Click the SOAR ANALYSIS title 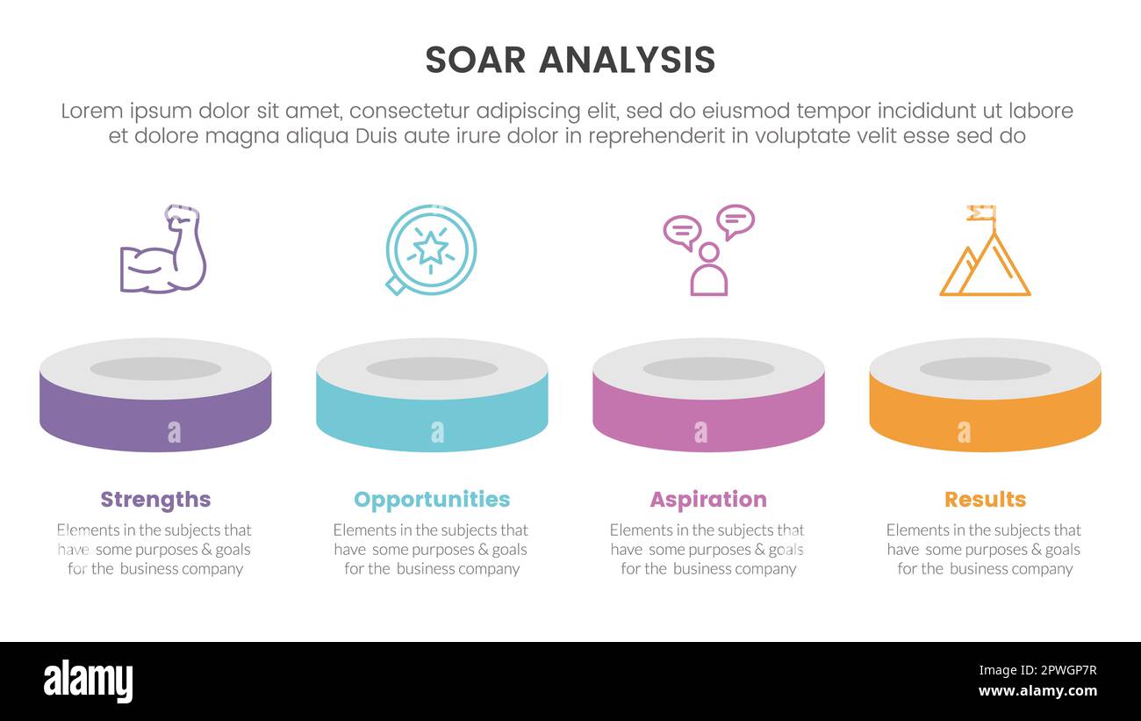click(570, 60)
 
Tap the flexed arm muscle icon click(163, 250)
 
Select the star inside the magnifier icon click(430, 248)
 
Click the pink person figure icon click(708, 271)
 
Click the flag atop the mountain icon click(981, 213)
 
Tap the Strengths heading click(155, 500)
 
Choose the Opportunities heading click(431, 500)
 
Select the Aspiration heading click(707, 500)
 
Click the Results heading click(985, 500)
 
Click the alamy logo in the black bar click(88, 681)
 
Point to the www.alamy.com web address click(1037, 691)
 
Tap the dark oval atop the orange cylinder click(985, 369)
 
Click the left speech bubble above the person click(682, 231)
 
